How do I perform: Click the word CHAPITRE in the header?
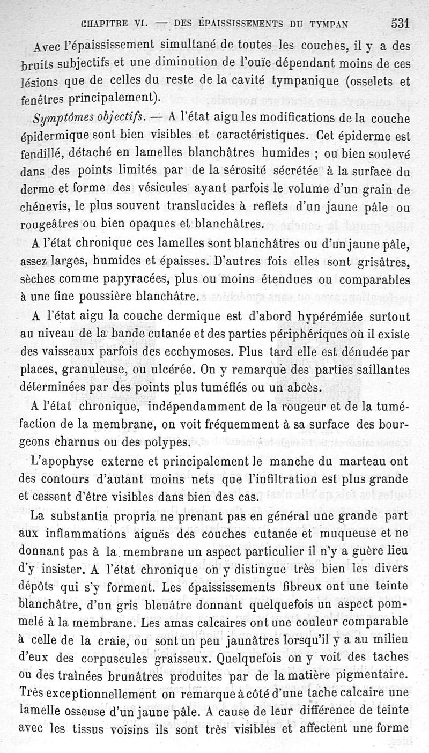103,24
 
